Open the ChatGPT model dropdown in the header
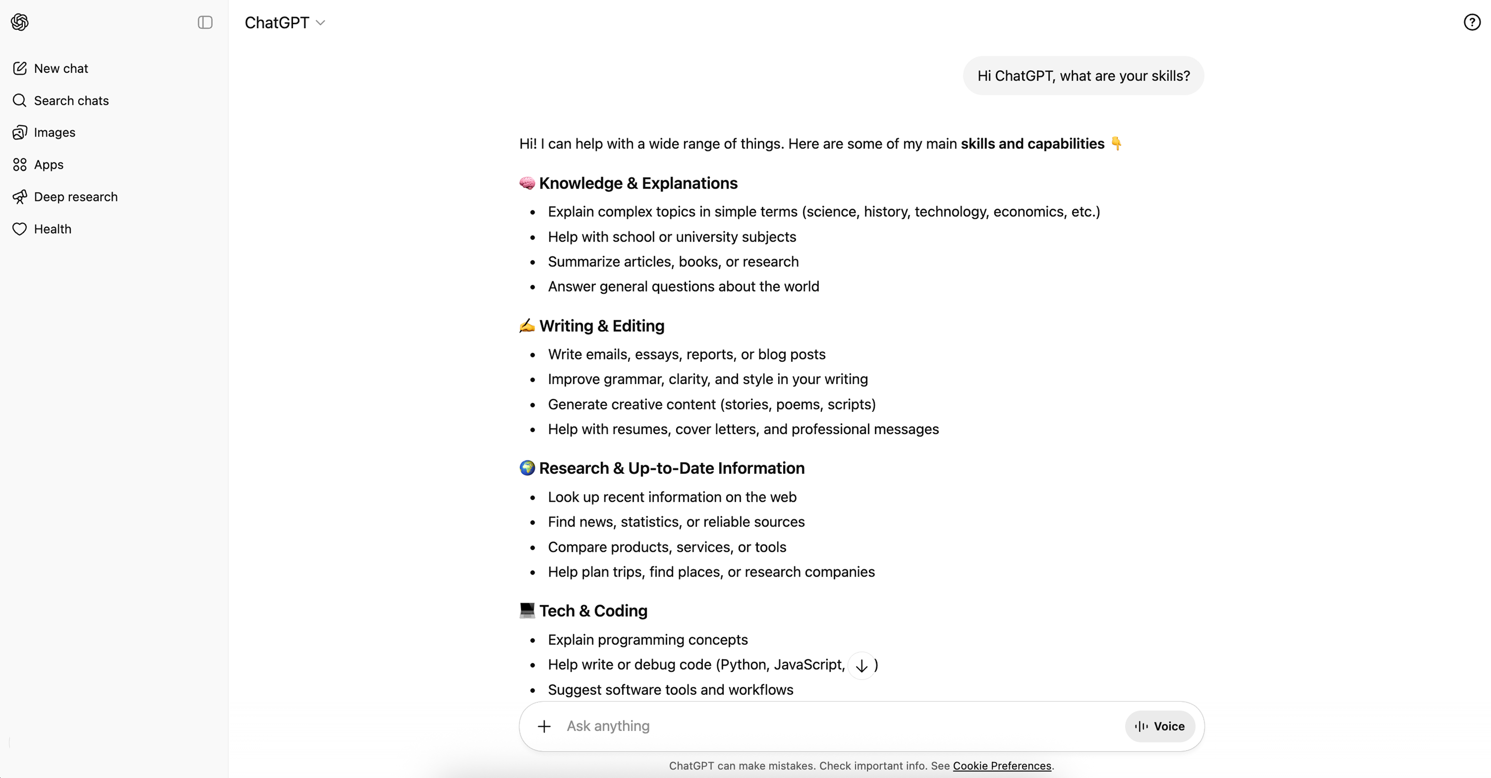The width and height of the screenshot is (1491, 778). coord(285,23)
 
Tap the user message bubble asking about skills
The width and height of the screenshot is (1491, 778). coord(1083,76)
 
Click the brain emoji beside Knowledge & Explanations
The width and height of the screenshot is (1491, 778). coord(527,184)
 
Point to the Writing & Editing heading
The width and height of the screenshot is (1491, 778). coord(601,326)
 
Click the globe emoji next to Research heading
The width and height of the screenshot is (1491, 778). coord(527,468)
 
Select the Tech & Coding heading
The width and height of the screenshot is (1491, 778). coord(593,611)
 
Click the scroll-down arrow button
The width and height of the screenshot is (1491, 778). coord(861,666)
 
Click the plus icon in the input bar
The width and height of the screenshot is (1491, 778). coord(544,727)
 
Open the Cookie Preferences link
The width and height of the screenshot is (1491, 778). coord(1002,766)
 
